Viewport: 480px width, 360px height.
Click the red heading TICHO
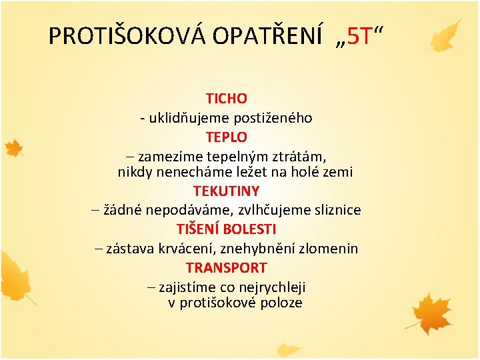coord(227,99)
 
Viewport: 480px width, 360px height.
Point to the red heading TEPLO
coord(227,137)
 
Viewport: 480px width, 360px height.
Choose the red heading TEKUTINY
coord(227,191)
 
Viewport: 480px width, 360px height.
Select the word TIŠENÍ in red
coord(198,229)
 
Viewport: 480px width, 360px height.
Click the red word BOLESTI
coord(250,229)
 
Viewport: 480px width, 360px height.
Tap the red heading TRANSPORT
coord(227,268)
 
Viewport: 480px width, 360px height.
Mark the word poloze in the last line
coord(283,303)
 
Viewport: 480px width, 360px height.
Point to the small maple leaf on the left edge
coord(14,148)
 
